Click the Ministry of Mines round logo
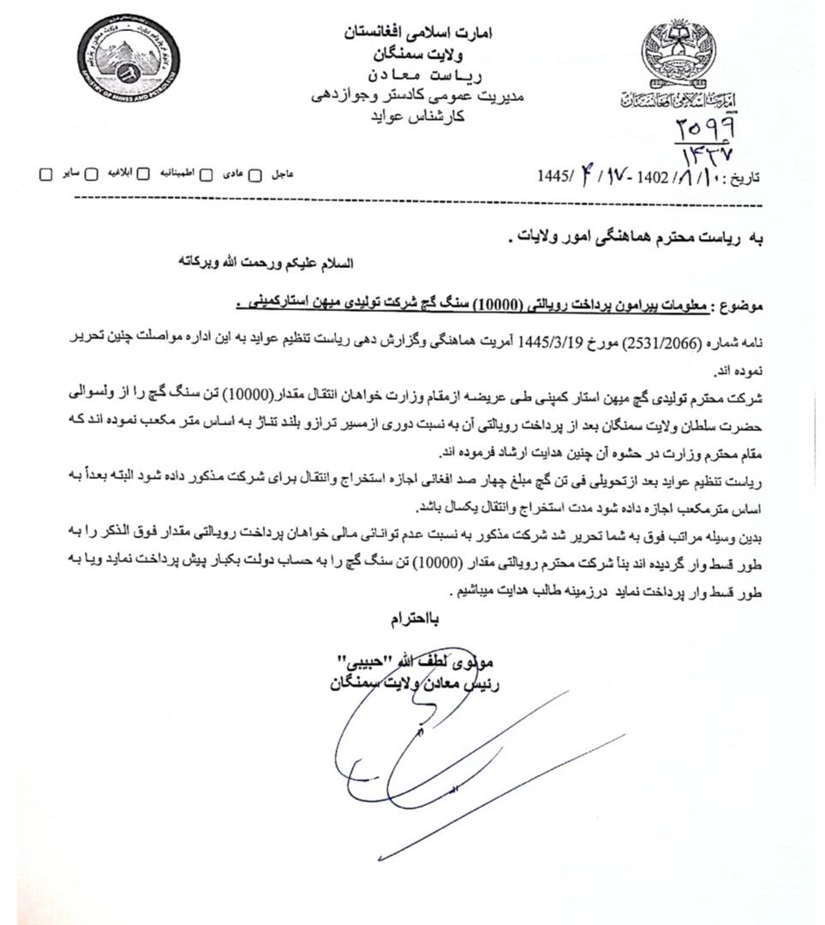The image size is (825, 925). [x=128, y=57]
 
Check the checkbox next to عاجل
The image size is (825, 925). [x=254, y=174]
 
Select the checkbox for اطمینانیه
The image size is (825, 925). [x=143, y=174]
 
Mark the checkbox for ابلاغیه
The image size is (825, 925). [x=91, y=174]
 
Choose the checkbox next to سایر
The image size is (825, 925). [x=45, y=174]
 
